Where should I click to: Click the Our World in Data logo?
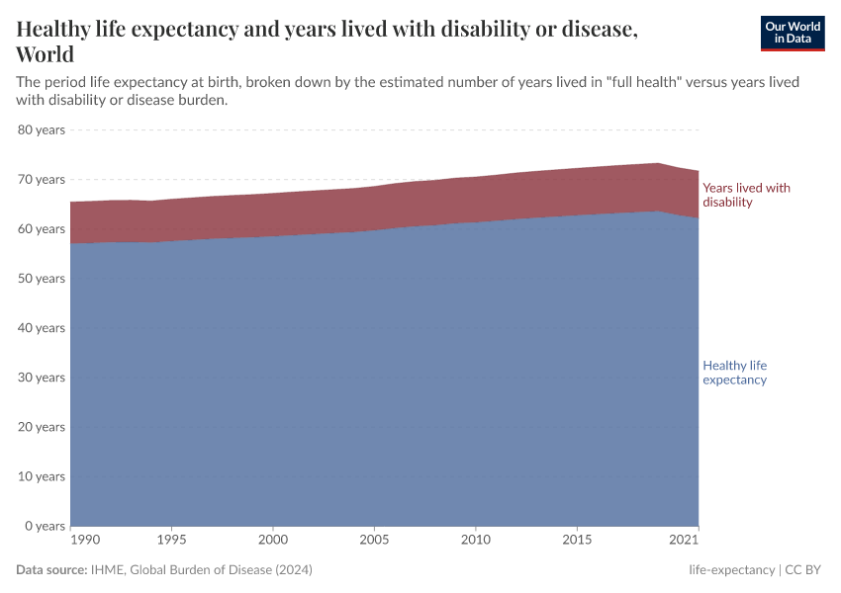coord(792,34)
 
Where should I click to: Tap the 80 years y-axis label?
coord(41,129)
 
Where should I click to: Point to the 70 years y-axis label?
coord(41,179)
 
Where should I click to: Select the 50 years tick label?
coord(41,278)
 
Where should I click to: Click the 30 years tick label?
coord(41,377)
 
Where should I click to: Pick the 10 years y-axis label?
coord(41,475)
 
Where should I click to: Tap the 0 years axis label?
coord(44,525)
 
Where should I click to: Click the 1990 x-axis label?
coord(84,540)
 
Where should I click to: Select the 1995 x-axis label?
coord(171,540)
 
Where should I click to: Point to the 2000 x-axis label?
coord(273,540)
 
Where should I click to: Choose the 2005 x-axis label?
coord(374,540)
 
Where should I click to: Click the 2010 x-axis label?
coord(476,540)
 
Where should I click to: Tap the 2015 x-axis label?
coord(577,540)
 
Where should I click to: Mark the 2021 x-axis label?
coord(685,540)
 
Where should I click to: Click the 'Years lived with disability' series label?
coord(745,195)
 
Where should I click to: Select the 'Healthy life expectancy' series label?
coord(734,373)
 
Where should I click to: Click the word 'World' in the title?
coord(46,54)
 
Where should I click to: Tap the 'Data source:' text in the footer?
coord(51,570)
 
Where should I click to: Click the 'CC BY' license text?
coord(804,570)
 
